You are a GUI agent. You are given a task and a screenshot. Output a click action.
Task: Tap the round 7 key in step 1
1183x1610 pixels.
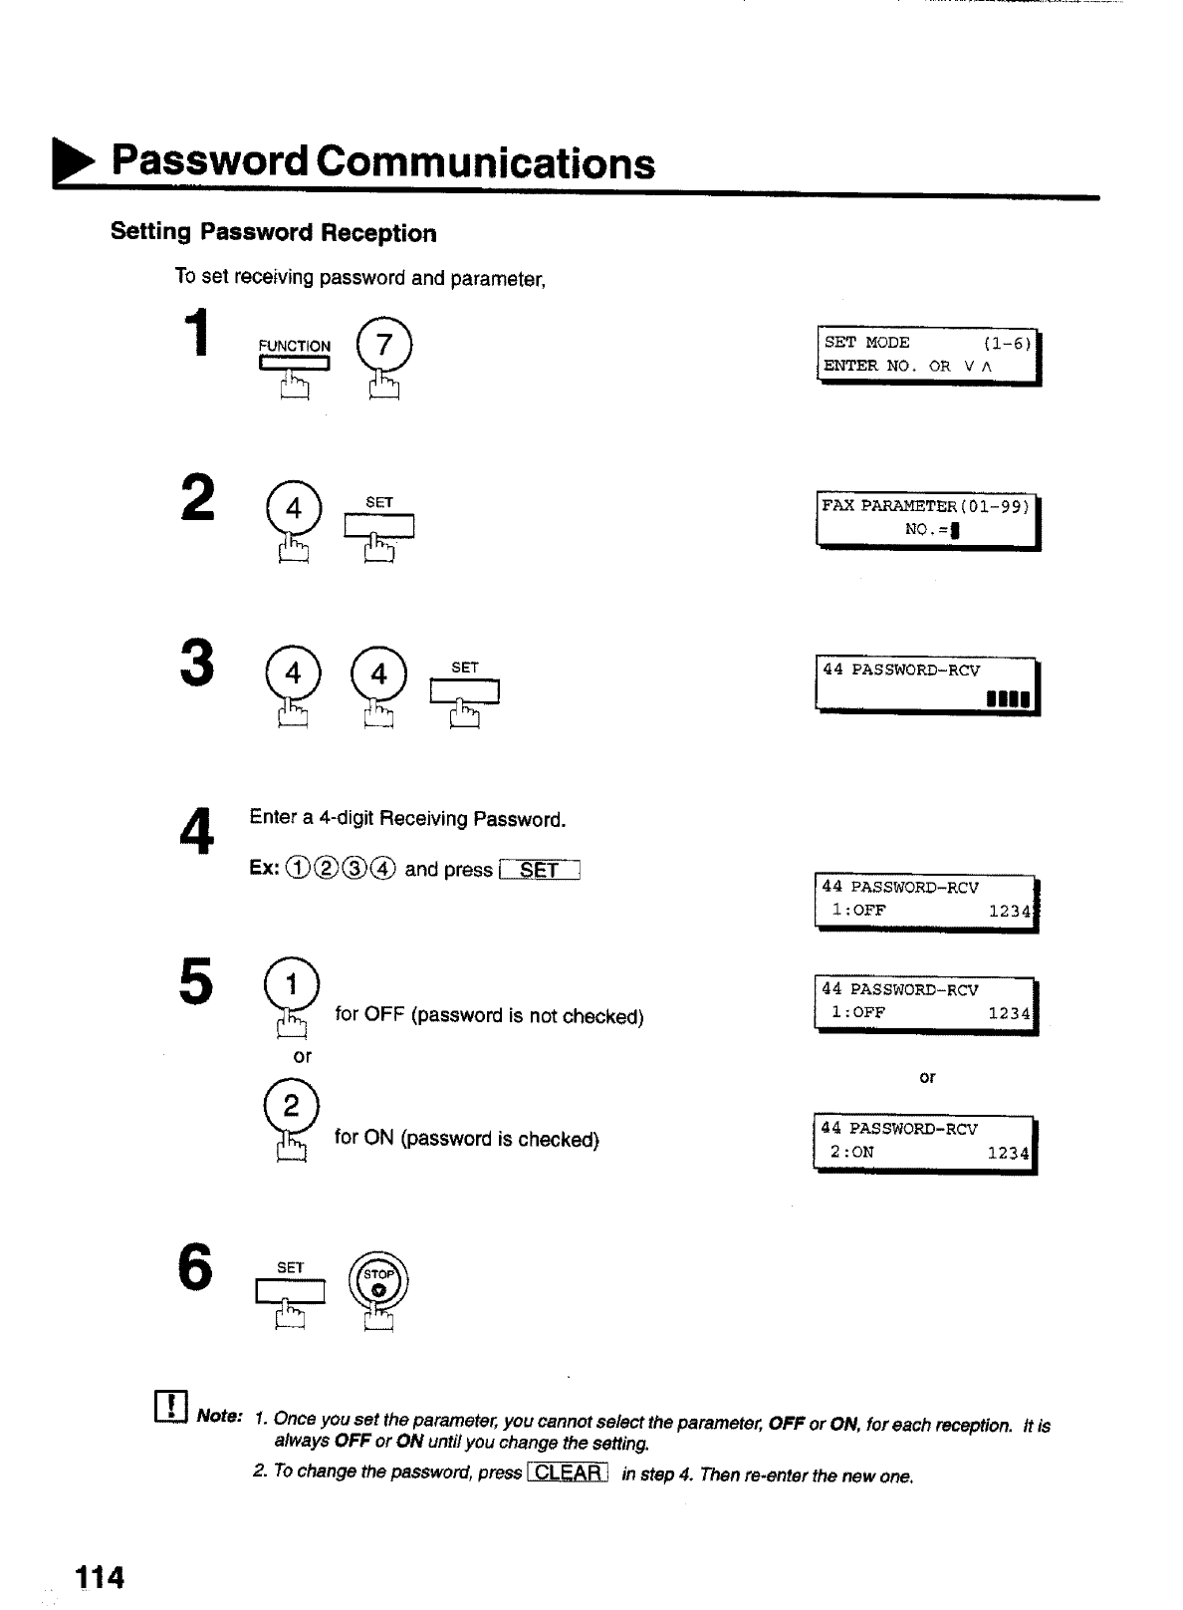pyautogui.click(x=384, y=345)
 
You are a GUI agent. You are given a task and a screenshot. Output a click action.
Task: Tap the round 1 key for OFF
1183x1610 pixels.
pyautogui.click(x=291, y=985)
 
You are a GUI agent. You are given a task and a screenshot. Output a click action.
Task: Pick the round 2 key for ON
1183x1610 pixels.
pyautogui.click(x=291, y=1106)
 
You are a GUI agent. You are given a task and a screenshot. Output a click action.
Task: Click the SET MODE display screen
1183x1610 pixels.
pyautogui.click(x=926, y=355)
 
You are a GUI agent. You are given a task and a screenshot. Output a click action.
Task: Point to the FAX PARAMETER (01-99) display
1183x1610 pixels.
pyautogui.click(x=926, y=519)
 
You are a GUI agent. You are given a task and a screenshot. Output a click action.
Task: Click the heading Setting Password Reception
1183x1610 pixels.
pyautogui.click(x=274, y=233)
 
